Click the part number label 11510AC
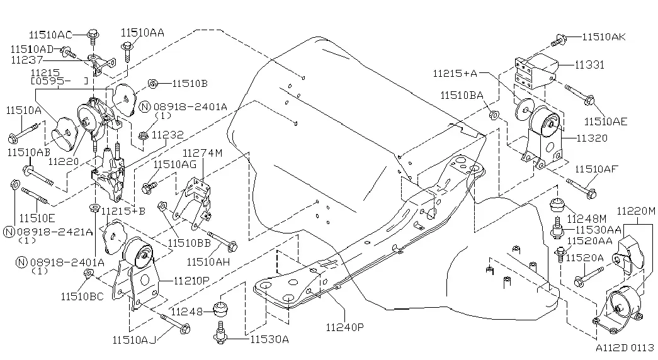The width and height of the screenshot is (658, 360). click(x=50, y=35)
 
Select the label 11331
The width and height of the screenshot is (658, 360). click(x=589, y=65)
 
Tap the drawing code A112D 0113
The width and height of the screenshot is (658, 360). click(x=625, y=347)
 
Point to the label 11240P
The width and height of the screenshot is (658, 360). click(x=344, y=327)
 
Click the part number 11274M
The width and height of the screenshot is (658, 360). click(x=203, y=153)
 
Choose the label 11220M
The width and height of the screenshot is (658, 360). click(x=635, y=211)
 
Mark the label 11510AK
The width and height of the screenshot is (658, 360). click(x=603, y=37)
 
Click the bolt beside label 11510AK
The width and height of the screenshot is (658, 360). click(x=560, y=41)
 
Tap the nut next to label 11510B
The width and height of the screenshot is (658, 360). click(x=153, y=84)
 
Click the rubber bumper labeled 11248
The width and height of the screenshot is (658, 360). click(x=221, y=310)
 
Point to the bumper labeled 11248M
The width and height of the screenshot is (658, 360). click(x=557, y=206)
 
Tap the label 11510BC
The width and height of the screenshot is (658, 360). click(x=82, y=296)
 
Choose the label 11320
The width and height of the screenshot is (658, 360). click(x=592, y=138)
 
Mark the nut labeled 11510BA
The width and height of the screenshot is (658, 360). click(x=494, y=114)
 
